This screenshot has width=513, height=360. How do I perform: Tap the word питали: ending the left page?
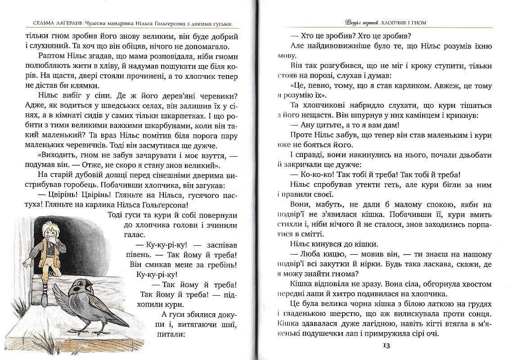[171, 334]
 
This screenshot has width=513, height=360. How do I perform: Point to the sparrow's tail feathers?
[122, 319]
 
